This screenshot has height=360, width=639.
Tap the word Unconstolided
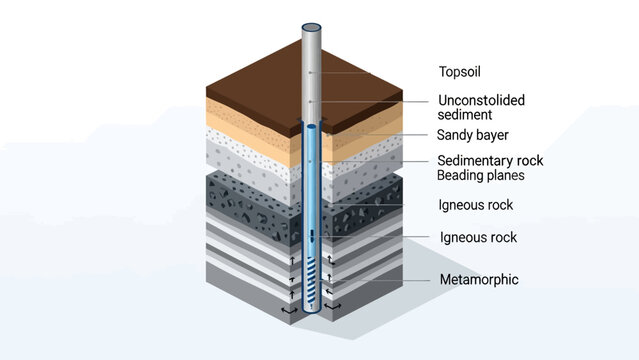(481, 100)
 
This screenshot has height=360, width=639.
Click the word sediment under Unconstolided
(466, 115)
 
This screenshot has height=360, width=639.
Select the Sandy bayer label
(475, 135)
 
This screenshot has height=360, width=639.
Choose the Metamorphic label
(479, 279)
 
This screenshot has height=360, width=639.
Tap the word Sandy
(456, 135)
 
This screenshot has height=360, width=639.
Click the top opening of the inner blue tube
(312, 128)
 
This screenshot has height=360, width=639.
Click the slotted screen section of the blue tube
(312, 275)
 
